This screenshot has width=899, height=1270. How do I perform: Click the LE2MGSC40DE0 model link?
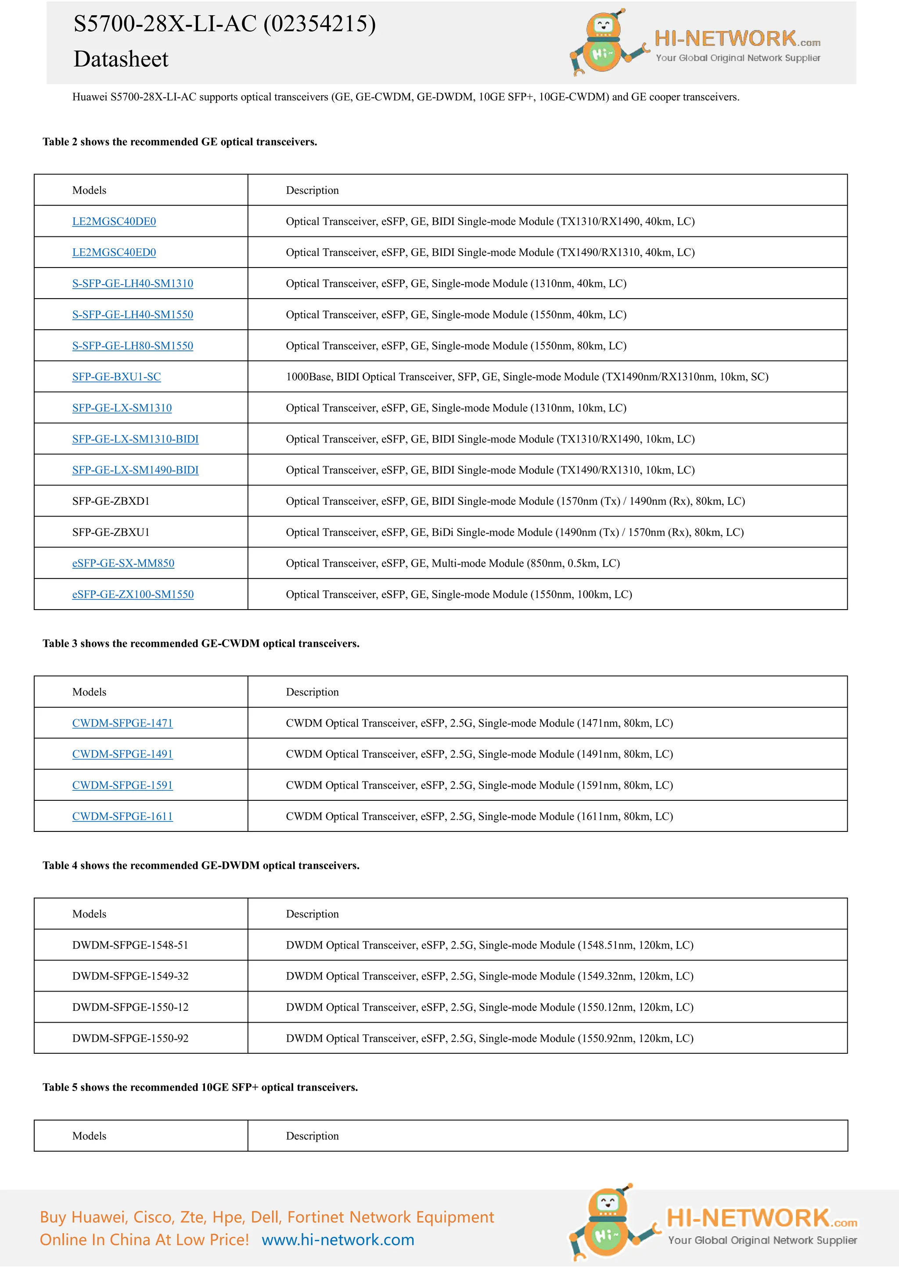pos(114,221)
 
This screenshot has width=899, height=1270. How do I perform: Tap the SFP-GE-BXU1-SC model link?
pos(116,377)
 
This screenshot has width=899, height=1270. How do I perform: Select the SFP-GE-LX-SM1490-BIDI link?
pos(135,470)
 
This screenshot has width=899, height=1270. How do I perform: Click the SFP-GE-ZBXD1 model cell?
pos(111,501)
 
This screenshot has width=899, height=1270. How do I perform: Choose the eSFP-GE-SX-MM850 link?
pos(123,563)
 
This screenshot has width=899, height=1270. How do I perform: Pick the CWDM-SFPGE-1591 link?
pos(122,785)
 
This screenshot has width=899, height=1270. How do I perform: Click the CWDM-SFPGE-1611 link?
pos(122,817)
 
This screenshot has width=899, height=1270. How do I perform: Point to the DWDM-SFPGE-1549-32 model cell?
pos(130,976)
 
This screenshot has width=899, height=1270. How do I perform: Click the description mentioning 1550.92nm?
pos(489,1038)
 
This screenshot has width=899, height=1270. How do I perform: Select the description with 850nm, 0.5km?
pos(452,563)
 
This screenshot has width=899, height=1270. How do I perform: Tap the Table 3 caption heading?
pos(201,643)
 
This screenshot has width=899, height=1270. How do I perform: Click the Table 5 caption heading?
pos(200,1087)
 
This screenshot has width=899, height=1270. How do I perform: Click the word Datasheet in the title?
pos(121,59)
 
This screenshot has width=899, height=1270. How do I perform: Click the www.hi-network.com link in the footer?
pos(338,1240)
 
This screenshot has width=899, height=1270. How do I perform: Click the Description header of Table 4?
pos(312,914)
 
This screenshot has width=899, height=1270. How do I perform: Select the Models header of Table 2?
pos(89,190)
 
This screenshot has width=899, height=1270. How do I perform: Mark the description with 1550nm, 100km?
pos(458,594)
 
